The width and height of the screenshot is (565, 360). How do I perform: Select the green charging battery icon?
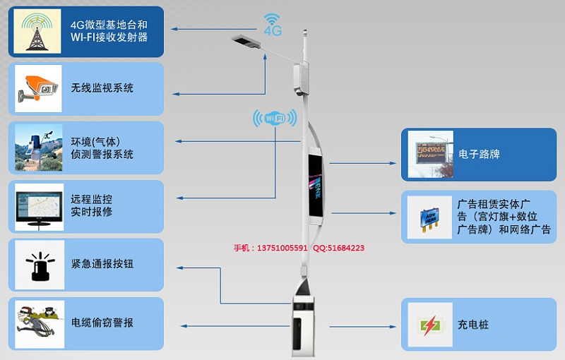[x=430, y=325]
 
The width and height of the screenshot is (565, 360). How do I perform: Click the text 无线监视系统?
[x=102, y=89]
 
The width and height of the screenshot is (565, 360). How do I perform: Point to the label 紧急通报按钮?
[x=102, y=264]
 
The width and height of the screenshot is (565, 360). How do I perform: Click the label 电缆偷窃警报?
[x=102, y=323]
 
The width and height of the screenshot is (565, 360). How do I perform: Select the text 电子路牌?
[x=479, y=154]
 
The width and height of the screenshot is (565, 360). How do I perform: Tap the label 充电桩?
[x=473, y=325]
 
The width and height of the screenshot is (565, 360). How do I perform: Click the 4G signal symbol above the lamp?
[x=273, y=25]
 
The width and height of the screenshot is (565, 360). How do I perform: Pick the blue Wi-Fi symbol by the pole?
[x=274, y=118]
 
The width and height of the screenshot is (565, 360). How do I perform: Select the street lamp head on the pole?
[x=246, y=42]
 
